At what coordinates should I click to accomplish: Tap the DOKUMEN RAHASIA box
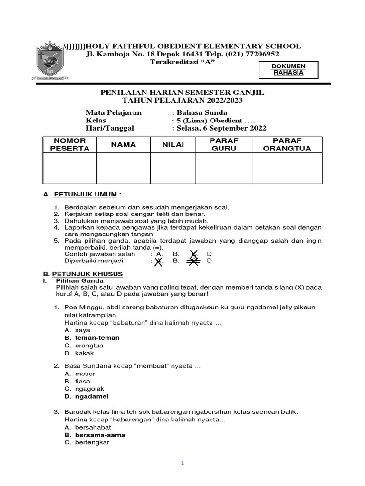point(288,69)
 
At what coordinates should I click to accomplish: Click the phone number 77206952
point(263,55)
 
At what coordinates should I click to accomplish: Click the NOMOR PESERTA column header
point(69,145)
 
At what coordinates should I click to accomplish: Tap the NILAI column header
point(173,145)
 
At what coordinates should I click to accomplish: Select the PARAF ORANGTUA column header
point(287,145)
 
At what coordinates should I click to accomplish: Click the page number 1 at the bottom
point(182,464)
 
